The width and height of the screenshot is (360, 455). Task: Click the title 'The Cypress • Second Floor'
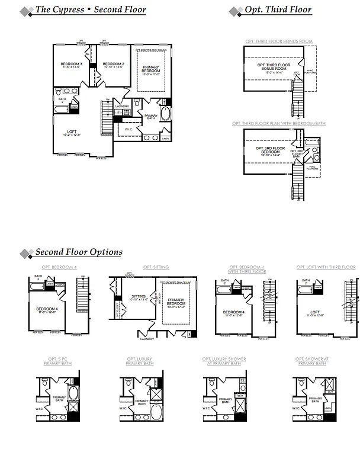90,9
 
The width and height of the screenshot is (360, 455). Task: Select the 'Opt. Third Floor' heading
278,9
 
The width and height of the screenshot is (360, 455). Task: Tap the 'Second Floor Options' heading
79,252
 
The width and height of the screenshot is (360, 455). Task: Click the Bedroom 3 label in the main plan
71,65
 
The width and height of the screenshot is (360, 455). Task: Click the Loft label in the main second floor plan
72,133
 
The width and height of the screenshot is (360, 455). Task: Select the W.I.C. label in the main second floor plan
128,129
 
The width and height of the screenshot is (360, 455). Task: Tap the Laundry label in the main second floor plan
123,106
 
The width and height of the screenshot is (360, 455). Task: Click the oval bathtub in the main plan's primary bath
165,114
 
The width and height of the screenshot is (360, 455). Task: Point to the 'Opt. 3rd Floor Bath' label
297,153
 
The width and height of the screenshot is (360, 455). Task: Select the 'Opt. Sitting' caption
156,267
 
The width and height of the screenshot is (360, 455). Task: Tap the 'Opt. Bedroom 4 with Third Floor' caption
247,270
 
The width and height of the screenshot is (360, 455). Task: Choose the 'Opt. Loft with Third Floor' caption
326,267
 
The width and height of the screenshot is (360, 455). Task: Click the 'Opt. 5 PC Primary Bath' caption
59,361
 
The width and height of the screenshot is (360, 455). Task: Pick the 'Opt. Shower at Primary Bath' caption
311,361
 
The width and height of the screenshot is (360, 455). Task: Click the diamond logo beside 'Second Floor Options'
26,254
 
